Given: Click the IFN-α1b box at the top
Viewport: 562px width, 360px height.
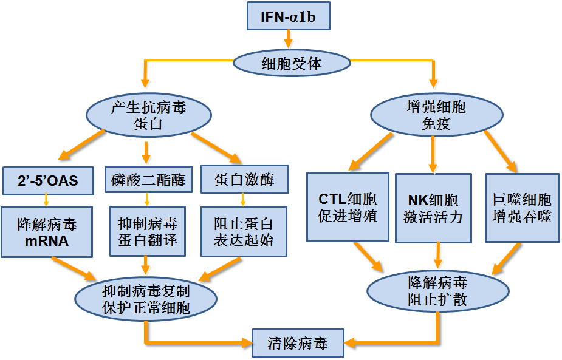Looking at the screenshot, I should pos(288,16).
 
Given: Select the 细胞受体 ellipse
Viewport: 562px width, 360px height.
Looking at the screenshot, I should pos(292,63).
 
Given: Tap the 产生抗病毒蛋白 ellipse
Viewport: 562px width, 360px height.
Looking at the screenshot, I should pos(149,116).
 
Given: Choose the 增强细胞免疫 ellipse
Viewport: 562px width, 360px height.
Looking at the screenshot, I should pos(436,116).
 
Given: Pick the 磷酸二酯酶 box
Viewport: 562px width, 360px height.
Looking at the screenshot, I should pos(148,180).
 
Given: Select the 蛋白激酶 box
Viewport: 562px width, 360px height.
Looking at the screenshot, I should pos(244,180).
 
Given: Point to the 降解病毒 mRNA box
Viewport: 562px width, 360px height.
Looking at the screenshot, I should pos(47,231).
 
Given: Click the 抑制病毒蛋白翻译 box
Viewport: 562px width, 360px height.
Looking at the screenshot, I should pos(148,231).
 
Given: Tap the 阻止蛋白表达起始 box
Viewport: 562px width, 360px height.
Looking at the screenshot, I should pos(244,231).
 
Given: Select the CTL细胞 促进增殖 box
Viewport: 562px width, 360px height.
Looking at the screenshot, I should pos(348,208).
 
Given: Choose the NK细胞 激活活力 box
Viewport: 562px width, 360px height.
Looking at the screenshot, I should pos(433,208).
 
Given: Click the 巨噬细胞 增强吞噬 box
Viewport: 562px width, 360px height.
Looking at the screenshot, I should pos(522,208).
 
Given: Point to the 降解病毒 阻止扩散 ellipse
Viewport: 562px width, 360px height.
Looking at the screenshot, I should pos(437,291).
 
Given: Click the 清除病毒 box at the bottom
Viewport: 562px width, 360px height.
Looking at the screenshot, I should pos(298,343).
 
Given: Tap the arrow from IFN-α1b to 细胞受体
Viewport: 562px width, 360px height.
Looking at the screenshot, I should pos(288,40).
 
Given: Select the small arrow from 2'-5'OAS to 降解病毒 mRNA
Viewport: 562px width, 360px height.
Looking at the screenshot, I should pos(46,199).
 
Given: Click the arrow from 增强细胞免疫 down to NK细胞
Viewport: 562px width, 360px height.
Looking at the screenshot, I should pos(433,154).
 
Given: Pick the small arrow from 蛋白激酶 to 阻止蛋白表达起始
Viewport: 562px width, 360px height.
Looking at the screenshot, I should pos(244,199).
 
